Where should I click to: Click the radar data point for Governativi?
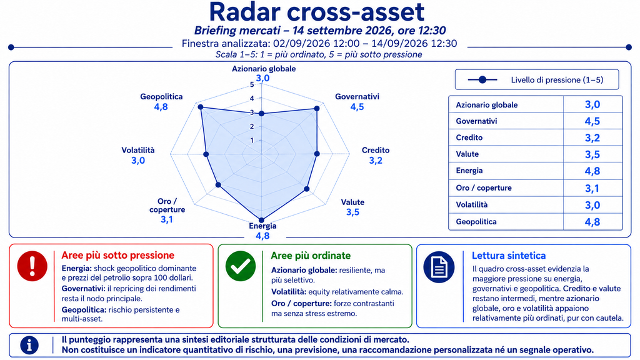pos(317,109)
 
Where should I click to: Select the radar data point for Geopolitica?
pos(201,107)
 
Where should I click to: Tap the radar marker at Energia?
pos(262,221)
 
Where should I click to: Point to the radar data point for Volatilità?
pos(206,154)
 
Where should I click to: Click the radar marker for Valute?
pos(307,189)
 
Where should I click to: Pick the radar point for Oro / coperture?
pos(218,185)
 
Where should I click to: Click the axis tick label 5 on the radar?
pos(252,84)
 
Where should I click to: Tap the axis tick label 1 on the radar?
pos(252,141)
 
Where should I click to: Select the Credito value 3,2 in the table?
pos(592,137)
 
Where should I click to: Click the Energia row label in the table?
pos(469,171)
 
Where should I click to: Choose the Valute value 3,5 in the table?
pos(592,154)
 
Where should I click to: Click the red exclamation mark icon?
pos(32,266)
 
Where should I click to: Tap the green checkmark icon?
pos(241,266)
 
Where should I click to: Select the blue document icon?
pos(439,267)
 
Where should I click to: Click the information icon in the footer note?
pos(29,345)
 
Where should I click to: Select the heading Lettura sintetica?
pos(509,256)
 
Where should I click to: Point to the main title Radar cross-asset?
pos(317,11)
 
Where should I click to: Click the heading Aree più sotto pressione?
pos(118,256)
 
